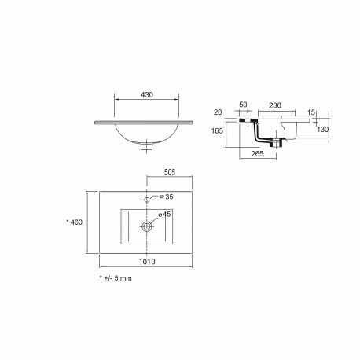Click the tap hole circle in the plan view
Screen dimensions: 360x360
pos(145,198)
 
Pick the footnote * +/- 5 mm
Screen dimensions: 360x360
pos(116,277)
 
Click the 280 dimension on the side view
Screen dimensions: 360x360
pos(275,105)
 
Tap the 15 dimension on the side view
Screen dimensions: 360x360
pos(312,113)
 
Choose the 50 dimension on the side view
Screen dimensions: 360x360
pos(243,105)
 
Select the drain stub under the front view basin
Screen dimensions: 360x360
pos(146,145)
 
